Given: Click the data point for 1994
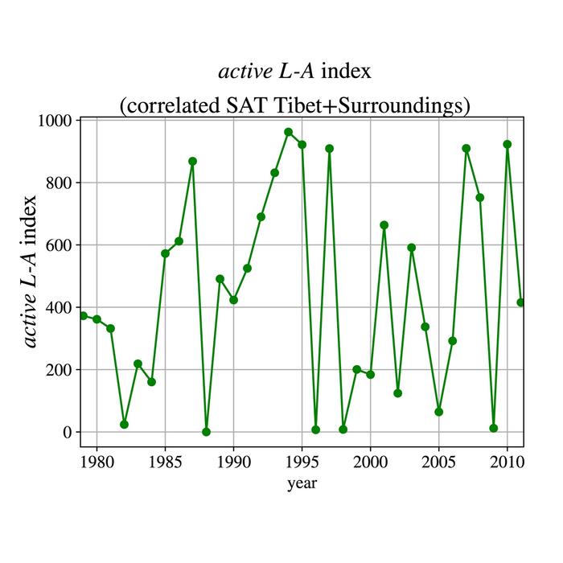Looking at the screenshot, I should [288, 132].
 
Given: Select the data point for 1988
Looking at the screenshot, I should [206, 432].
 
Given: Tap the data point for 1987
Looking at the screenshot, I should [192, 161].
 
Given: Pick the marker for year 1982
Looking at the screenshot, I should [124, 424].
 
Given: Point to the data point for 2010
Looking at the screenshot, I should [507, 144].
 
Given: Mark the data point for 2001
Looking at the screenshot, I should [384, 225].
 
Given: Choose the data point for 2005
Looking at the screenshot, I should [438, 412].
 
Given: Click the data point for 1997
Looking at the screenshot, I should [329, 149].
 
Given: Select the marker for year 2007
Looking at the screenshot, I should [466, 148].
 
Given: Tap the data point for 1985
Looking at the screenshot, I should [165, 253].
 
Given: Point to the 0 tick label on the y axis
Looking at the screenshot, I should [68, 433].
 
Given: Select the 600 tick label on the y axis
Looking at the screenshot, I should [59, 245].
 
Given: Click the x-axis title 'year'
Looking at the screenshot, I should [302, 483].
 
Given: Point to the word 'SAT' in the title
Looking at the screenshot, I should [272, 105].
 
